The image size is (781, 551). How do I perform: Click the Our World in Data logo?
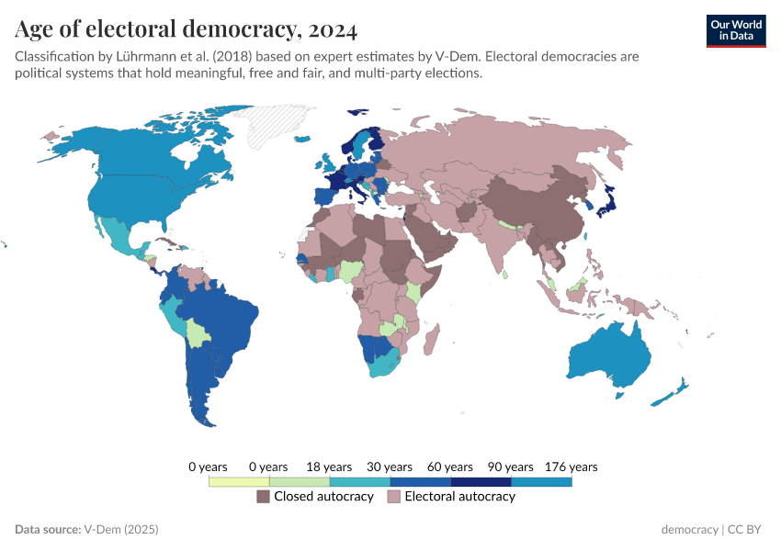coord(735,30)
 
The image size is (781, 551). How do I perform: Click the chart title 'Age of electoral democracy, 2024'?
coord(186,30)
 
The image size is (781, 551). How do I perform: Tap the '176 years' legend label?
coord(571,467)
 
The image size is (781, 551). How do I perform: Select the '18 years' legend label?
coord(329,467)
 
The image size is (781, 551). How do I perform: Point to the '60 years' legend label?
coord(450,467)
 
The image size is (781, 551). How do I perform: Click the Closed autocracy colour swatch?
coord(263,497)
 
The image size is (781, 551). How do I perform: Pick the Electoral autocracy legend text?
coord(459,497)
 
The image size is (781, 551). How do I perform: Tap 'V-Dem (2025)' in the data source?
coord(121,530)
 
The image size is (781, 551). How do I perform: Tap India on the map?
coord(504,243)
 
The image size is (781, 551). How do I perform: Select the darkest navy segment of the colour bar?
coord(481,481)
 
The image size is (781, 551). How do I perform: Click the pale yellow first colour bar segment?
coord(239,481)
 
